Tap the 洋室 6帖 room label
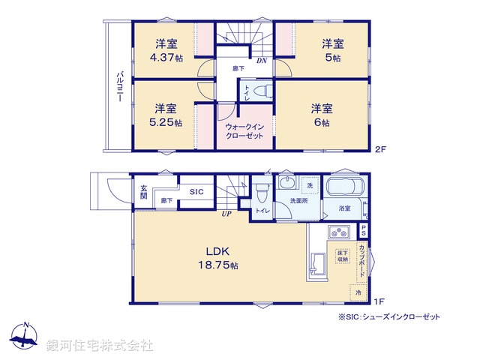coord(323,115)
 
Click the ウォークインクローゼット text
coord(245,132)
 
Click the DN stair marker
coord(262,60)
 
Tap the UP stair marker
coord(224,214)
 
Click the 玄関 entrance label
coord(144,192)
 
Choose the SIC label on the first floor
coord(196,192)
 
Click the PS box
coord(363,231)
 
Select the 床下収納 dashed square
coord(342,256)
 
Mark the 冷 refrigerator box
coord(358,292)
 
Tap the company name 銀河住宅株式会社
coord(100,346)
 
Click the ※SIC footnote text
coord(389,317)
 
